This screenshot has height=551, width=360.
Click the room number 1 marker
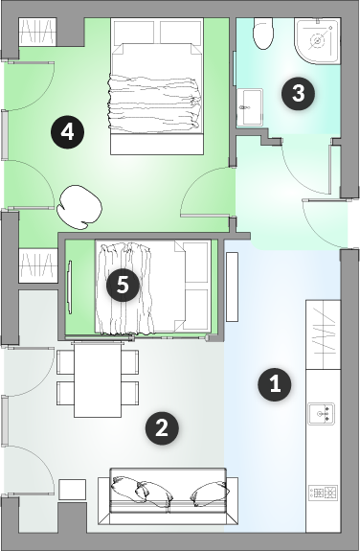(x=275, y=385)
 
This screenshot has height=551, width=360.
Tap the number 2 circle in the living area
(x=162, y=428)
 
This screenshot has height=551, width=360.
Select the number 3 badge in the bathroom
(x=298, y=94)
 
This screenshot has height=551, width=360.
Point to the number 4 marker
(x=67, y=132)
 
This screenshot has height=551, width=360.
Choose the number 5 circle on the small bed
(x=123, y=285)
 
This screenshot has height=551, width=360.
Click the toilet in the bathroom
(x=263, y=34)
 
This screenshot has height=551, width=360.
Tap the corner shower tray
(x=318, y=41)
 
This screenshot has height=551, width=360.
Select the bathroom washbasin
(x=250, y=107)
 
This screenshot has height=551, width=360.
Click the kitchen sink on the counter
(x=321, y=414)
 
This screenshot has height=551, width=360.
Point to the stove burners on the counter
(x=323, y=493)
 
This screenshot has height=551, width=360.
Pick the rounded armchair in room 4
(x=79, y=207)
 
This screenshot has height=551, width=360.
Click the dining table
(x=98, y=379)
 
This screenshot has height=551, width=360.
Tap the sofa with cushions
(x=168, y=496)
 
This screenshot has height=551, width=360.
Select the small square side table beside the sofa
(x=73, y=490)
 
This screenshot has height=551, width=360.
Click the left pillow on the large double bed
(x=134, y=32)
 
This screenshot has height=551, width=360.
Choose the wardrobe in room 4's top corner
(x=37, y=32)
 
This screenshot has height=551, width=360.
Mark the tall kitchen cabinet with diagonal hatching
(x=323, y=334)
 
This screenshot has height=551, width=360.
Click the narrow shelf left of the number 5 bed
(x=70, y=287)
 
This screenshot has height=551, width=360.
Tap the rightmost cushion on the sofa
(x=210, y=494)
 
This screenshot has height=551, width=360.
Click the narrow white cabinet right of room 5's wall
(x=232, y=287)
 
